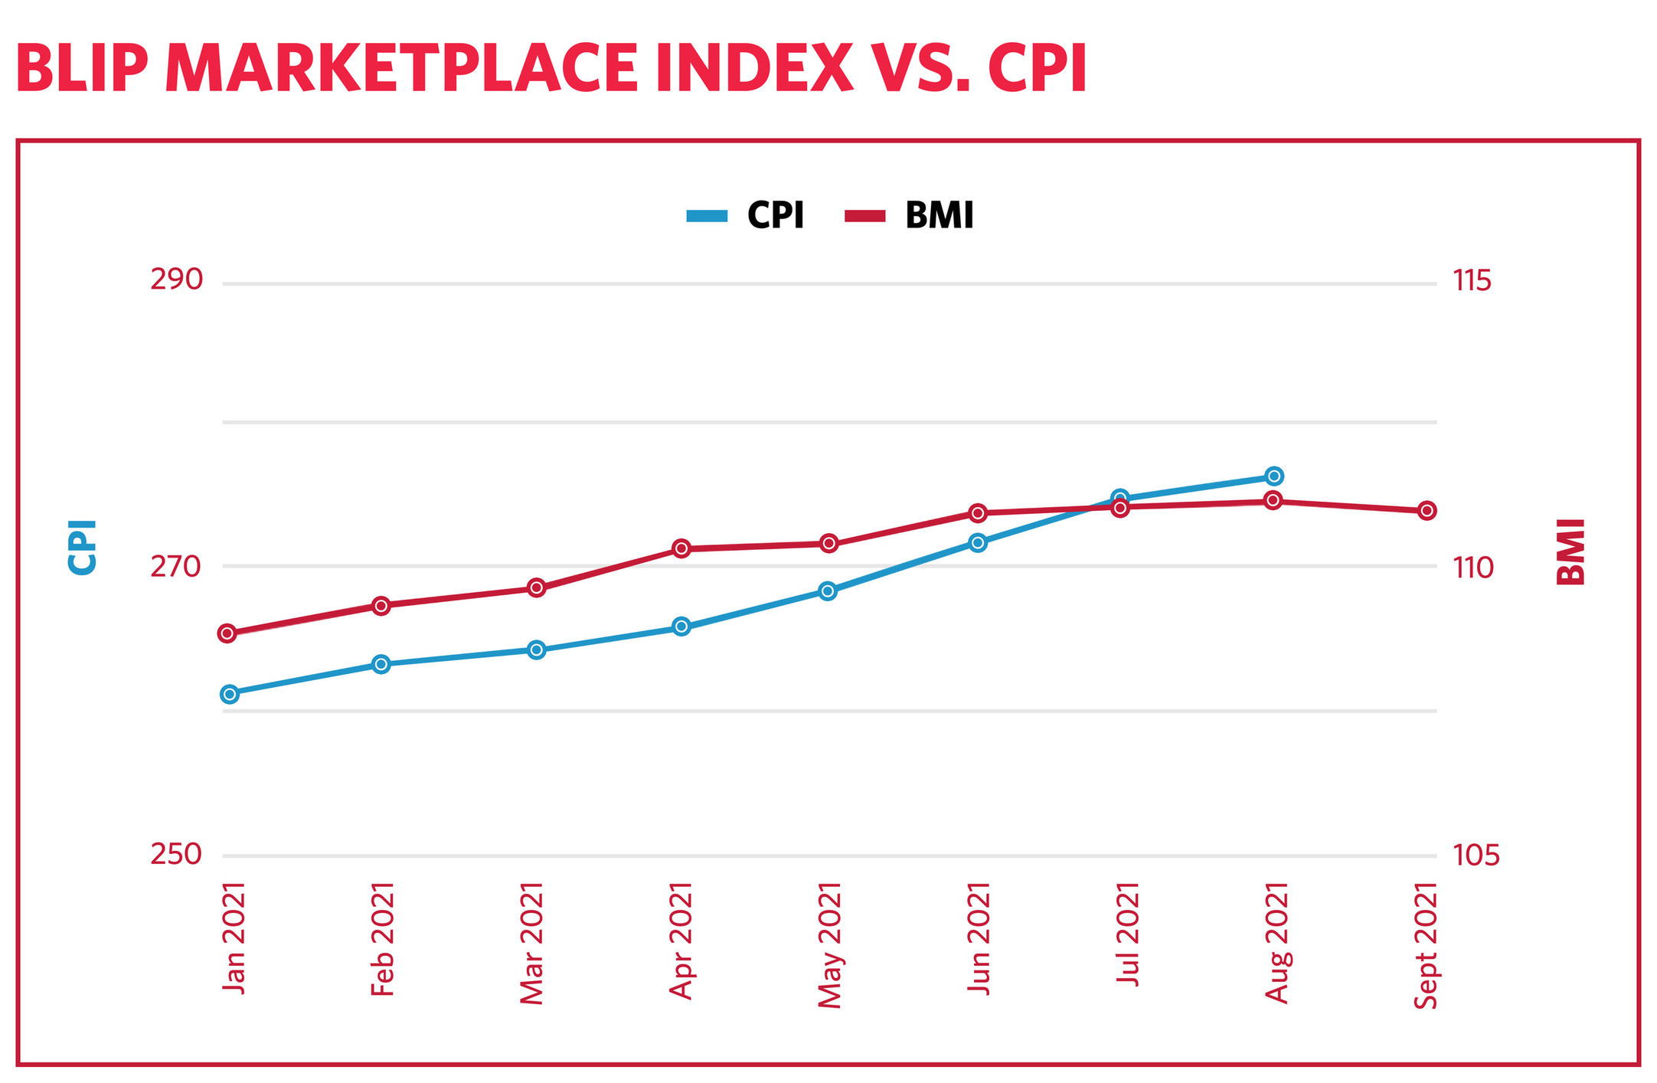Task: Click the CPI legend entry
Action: coord(747,215)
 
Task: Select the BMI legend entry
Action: coord(910,215)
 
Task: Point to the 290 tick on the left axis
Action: coord(176,280)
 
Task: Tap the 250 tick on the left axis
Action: coord(176,854)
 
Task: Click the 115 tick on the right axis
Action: coord(1472,281)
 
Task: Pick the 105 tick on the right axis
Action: coord(1476,855)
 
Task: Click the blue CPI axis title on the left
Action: coord(83,547)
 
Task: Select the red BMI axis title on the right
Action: coord(1571,551)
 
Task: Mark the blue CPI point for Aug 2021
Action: coord(1274,476)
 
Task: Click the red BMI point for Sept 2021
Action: coord(1427,511)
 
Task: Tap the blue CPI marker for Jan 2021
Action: coord(229,694)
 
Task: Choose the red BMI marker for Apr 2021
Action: coord(681,548)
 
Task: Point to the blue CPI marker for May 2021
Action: coord(828,591)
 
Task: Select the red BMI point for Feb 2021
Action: coord(381,606)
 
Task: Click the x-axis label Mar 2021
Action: coord(531,943)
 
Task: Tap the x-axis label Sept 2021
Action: coord(1425,946)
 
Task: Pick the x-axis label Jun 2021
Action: coord(979,939)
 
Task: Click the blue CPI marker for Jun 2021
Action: coord(978,542)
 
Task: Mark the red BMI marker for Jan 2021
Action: coord(227,633)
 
